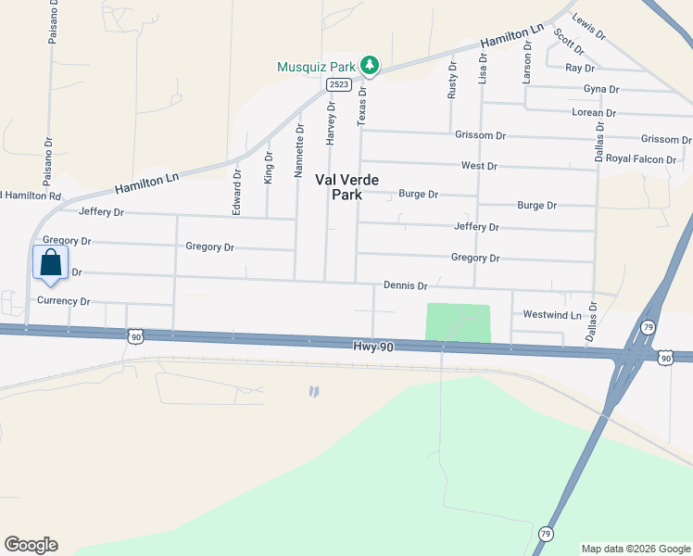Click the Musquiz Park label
tap(318, 67)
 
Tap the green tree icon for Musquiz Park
tap(371, 65)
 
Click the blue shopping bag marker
tap(49, 261)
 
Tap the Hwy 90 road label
tap(374, 346)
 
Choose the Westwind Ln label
tap(551, 315)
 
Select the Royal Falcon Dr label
tap(642, 158)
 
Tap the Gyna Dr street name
tap(600, 89)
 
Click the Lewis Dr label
tap(588, 28)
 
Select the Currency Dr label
tap(63, 301)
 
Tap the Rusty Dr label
tap(453, 80)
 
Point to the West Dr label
tap(479, 166)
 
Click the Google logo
tap(31, 545)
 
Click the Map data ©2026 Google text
tap(635, 549)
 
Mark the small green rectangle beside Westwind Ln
tap(458, 323)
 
